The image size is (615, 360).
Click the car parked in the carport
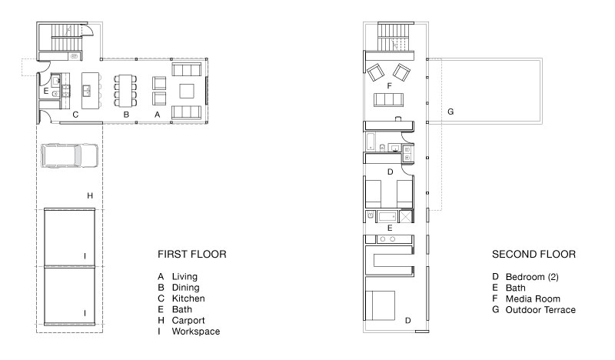click(69, 156)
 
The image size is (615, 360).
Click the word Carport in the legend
click(190, 319)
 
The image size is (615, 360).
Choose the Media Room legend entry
click(533, 298)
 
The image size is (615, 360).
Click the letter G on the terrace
click(450, 112)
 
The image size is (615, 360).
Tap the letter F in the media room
click(390, 87)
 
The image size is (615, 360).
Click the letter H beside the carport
click(90, 197)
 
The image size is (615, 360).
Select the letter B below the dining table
click(126, 115)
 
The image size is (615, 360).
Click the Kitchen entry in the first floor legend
click(189, 298)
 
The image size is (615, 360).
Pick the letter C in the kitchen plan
click(75, 115)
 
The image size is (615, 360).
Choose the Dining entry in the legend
click(187, 287)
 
